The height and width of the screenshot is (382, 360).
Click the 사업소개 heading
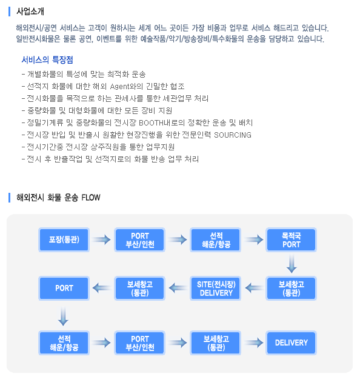click(30, 12)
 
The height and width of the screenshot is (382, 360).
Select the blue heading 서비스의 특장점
click(47, 59)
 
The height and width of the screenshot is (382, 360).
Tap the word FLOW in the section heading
click(91, 197)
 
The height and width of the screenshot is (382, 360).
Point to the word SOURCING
click(233, 135)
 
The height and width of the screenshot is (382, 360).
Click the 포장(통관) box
click(64, 240)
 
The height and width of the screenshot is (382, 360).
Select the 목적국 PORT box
click(292, 240)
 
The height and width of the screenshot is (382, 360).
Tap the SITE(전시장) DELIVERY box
click(216, 289)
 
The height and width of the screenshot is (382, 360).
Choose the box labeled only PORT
click(64, 289)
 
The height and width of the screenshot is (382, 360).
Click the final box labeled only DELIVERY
click(292, 343)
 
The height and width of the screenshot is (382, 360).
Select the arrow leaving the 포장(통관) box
click(102, 240)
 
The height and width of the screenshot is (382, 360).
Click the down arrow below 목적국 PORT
click(292, 264)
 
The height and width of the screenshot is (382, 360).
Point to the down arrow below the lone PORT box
click(63, 317)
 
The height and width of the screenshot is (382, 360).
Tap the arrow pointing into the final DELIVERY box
click(254, 343)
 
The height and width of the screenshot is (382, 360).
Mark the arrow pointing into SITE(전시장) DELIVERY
click(255, 289)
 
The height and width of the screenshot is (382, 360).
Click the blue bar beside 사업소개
click(10, 12)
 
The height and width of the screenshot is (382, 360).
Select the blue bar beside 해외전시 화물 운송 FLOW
click(10, 198)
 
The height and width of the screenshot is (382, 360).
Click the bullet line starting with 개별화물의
click(84, 74)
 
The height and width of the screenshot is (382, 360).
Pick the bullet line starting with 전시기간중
click(98, 147)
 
